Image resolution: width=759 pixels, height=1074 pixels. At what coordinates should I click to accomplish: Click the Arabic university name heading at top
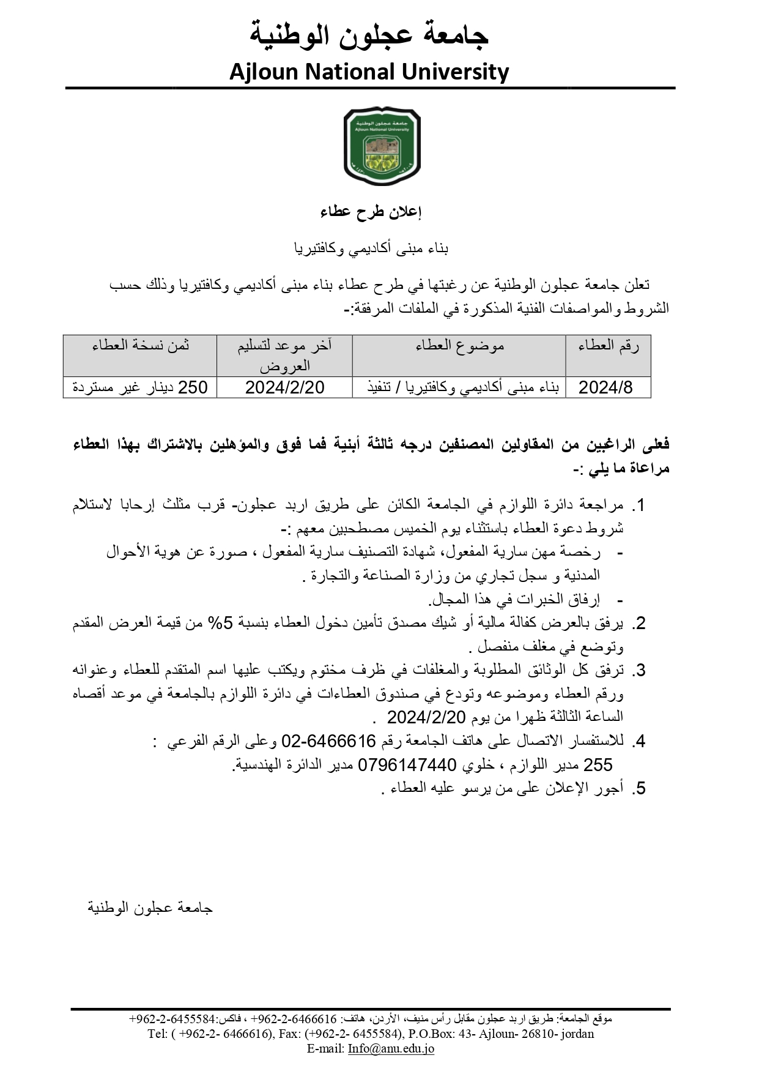point(369,35)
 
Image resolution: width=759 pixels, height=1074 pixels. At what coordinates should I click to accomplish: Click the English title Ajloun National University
point(369,72)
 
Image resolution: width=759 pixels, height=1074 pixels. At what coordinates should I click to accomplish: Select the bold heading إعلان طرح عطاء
point(371,212)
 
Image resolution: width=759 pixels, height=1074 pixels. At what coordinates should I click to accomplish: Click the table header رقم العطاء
point(608,346)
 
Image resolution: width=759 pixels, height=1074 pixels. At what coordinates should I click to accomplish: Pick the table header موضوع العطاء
point(459,346)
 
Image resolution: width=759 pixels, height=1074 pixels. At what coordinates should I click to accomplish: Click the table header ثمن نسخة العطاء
point(141,346)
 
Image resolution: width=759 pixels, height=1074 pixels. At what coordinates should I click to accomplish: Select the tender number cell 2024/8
point(605,387)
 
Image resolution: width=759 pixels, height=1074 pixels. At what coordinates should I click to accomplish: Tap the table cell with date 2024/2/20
point(284,387)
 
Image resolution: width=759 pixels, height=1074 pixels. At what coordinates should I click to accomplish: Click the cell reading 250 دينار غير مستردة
point(141,387)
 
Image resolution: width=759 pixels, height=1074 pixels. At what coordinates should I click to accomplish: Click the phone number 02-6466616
point(328,742)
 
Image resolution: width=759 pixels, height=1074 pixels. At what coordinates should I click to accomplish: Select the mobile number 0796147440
point(407,765)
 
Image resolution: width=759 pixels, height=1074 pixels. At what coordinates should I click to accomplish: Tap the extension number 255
point(598,765)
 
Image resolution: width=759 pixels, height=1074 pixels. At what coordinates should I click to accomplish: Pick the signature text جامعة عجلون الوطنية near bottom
point(150,908)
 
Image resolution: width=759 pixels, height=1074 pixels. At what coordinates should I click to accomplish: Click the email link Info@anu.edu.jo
point(391,1048)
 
